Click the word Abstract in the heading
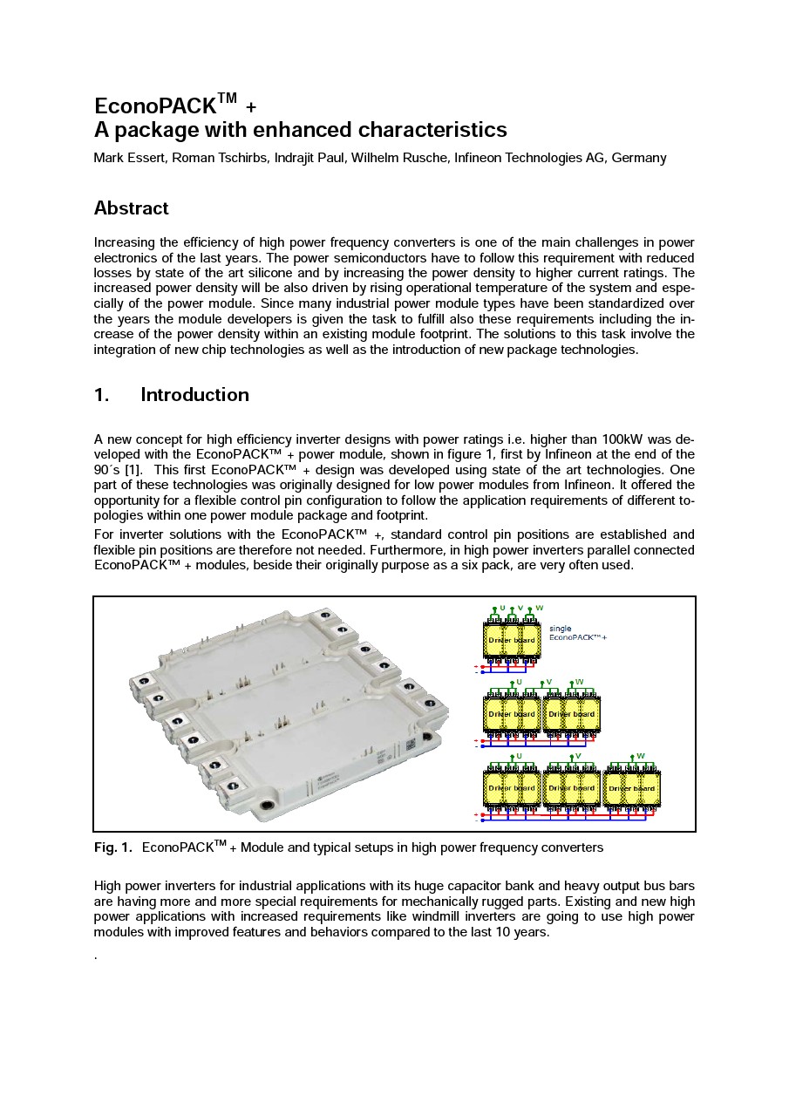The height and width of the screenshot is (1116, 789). coord(131,208)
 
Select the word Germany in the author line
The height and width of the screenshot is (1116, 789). coord(639,158)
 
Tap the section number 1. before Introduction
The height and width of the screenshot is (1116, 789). coord(101,395)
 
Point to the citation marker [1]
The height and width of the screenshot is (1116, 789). coord(133,470)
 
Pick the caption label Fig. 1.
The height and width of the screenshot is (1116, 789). coord(112,847)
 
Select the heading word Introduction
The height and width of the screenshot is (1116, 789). coord(194,395)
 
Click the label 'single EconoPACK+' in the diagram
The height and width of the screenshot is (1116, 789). coord(576,633)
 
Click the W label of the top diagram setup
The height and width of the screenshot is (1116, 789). coord(540,608)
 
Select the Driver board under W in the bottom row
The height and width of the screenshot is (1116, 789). coord(631,788)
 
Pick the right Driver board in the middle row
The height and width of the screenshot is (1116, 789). coord(571,714)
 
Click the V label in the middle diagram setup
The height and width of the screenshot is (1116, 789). coord(548,682)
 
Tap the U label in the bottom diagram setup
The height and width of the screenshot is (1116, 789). coord(519,756)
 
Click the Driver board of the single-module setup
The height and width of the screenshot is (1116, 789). coord(512,640)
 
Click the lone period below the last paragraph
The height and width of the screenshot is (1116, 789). coord(95,956)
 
